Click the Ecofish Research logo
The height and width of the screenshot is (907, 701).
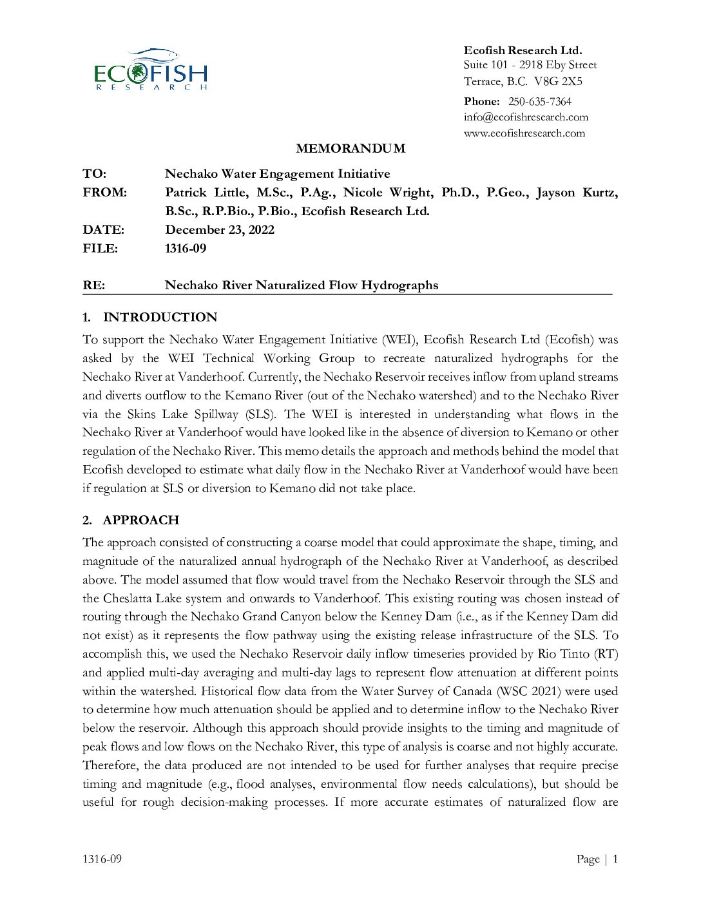click(x=151, y=70)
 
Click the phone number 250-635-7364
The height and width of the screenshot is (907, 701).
click(x=539, y=101)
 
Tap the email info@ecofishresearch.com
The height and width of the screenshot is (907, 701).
click(x=526, y=117)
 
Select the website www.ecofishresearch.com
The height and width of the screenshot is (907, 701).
click(x=524, y=133)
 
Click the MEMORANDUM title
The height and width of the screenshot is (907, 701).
click(x=350, y=148)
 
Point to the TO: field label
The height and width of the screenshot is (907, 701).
click(x=94, y=173)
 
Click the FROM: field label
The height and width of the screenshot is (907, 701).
click(x=104, y=192)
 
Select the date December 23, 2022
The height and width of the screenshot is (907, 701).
click(x=220, y=229)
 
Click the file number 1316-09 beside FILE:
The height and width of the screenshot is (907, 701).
click(x=186, y=248)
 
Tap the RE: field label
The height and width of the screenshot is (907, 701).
click(x=93, y=285)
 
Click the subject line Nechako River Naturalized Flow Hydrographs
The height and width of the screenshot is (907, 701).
click(x=302, y=285)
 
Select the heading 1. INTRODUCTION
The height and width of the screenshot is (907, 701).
click(x=150, y=317)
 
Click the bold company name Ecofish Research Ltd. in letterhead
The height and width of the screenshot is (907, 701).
click(x=523, y=50)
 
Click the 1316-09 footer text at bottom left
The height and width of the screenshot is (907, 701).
click(x=102, y=859)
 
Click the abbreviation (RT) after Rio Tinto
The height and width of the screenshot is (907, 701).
click(x=606, y=654)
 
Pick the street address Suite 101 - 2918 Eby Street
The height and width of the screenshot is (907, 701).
click(x=530, y=64)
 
